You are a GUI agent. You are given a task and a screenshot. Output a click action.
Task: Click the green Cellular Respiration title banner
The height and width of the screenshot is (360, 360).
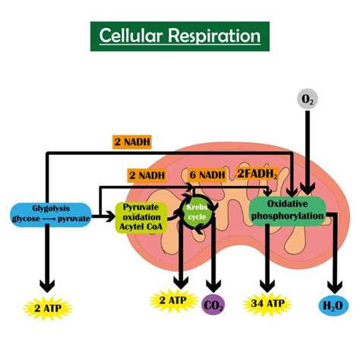pos(179,36)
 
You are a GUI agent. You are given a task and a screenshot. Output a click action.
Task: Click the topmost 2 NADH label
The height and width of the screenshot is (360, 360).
pos(134,141)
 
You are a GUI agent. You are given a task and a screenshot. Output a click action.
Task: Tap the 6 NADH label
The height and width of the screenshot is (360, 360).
pos(207,175)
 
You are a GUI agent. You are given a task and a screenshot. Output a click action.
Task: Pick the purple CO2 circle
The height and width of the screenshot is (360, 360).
pos(215,305)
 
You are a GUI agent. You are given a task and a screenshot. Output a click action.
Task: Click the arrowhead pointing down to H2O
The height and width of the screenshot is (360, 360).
pos(334,285)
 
